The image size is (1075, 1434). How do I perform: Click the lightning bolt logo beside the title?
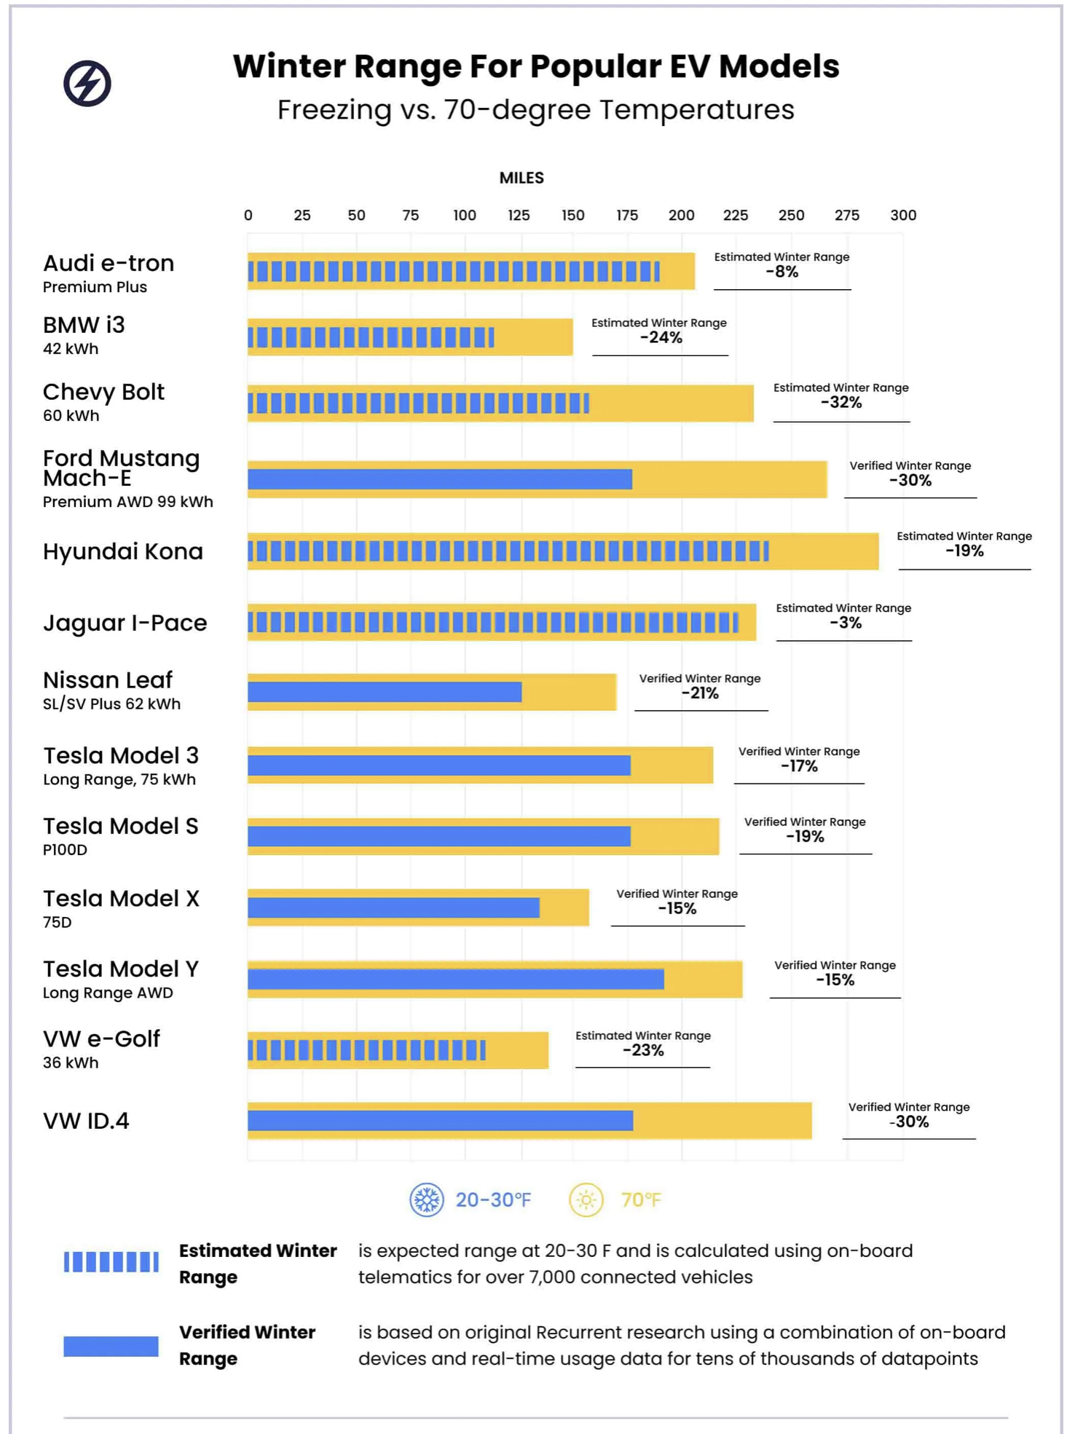87,83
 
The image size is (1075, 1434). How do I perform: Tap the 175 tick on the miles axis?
627,216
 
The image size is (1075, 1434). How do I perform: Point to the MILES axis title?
521,178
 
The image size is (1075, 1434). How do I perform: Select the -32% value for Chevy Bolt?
841,403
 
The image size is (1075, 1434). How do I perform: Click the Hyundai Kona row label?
123,552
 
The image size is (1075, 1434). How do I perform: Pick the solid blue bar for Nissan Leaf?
385,692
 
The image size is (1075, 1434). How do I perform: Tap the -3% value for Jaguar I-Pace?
846,623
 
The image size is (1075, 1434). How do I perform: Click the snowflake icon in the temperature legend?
427,1199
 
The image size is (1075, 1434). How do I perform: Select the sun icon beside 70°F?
586,1199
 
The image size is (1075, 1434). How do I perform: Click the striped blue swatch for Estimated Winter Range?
111,1262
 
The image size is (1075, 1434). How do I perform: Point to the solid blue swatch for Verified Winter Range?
111,1346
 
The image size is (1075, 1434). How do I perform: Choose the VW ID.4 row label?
86,1121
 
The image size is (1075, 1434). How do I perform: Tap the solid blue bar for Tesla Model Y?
456,980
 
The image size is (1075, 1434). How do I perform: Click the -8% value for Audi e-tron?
782,272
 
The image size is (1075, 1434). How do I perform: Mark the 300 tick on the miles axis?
903,216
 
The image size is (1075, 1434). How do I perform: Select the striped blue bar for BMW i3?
371,337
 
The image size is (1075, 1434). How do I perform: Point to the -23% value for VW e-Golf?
643,1051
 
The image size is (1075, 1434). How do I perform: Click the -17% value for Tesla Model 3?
799,767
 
